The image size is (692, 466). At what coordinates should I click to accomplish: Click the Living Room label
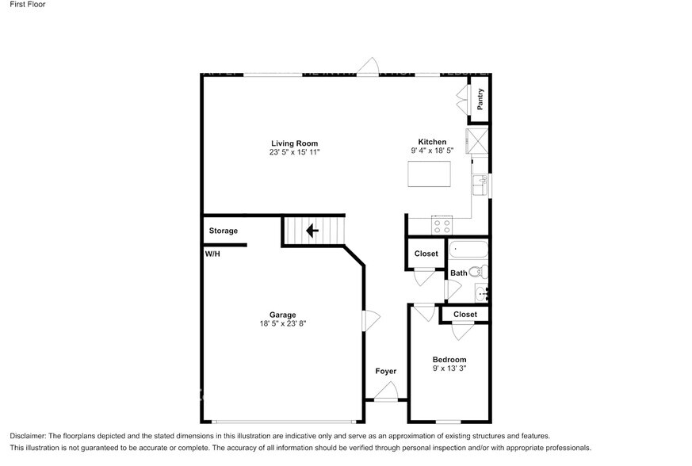coord(295,143)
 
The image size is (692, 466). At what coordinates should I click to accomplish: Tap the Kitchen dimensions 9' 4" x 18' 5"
coord(432,151)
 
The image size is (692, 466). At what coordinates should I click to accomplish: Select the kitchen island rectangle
coord(429,174)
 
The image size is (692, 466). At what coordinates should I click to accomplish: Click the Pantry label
coord(480,99)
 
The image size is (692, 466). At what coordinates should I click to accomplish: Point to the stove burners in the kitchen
coord(441,226)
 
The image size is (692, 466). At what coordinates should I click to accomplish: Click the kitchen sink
coord(480,185)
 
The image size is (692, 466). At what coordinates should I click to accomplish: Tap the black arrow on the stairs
coord(312,231)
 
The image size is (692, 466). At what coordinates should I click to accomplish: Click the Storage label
coord(224,231)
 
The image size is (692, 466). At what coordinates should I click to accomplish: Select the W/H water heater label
coord(212,254)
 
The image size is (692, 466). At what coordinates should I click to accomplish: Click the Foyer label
coord(386,371)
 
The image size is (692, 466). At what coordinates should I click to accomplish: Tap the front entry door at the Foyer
coord(386,393)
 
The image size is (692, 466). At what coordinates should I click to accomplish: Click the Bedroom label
coord(449,360)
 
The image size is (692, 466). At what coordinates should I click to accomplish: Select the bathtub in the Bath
coord(468,250)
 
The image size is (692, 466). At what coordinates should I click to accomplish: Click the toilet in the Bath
coord(477,273)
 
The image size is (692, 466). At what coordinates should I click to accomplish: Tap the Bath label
coord(458,273)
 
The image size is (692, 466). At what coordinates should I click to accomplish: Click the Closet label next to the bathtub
coord(426,254)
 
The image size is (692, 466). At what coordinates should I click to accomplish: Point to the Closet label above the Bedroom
coord(465,315)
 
